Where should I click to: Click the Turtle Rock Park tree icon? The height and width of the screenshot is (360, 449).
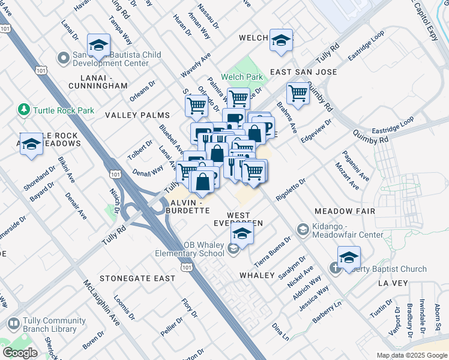point(24,110)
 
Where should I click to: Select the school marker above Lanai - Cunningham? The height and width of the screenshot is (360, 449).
point(98,45)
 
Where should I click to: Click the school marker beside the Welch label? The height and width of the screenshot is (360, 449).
point(280,40)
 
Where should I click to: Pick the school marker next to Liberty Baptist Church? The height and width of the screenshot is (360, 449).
point(349,257)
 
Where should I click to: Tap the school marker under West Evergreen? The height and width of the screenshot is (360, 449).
point(242,233)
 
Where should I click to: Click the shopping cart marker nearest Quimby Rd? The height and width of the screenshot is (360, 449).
point(298,94)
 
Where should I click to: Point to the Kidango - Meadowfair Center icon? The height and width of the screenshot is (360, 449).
point(303,229)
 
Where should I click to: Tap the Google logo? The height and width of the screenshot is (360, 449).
point(20,353)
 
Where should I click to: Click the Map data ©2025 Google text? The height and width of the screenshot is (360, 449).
point(411,355)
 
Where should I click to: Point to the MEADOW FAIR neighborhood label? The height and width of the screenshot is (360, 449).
point(345,211)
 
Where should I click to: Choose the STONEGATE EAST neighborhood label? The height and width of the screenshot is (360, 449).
point(137,278)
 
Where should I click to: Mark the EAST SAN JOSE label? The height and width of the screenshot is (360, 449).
point(303,72)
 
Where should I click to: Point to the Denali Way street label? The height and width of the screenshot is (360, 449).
point(149,170)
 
